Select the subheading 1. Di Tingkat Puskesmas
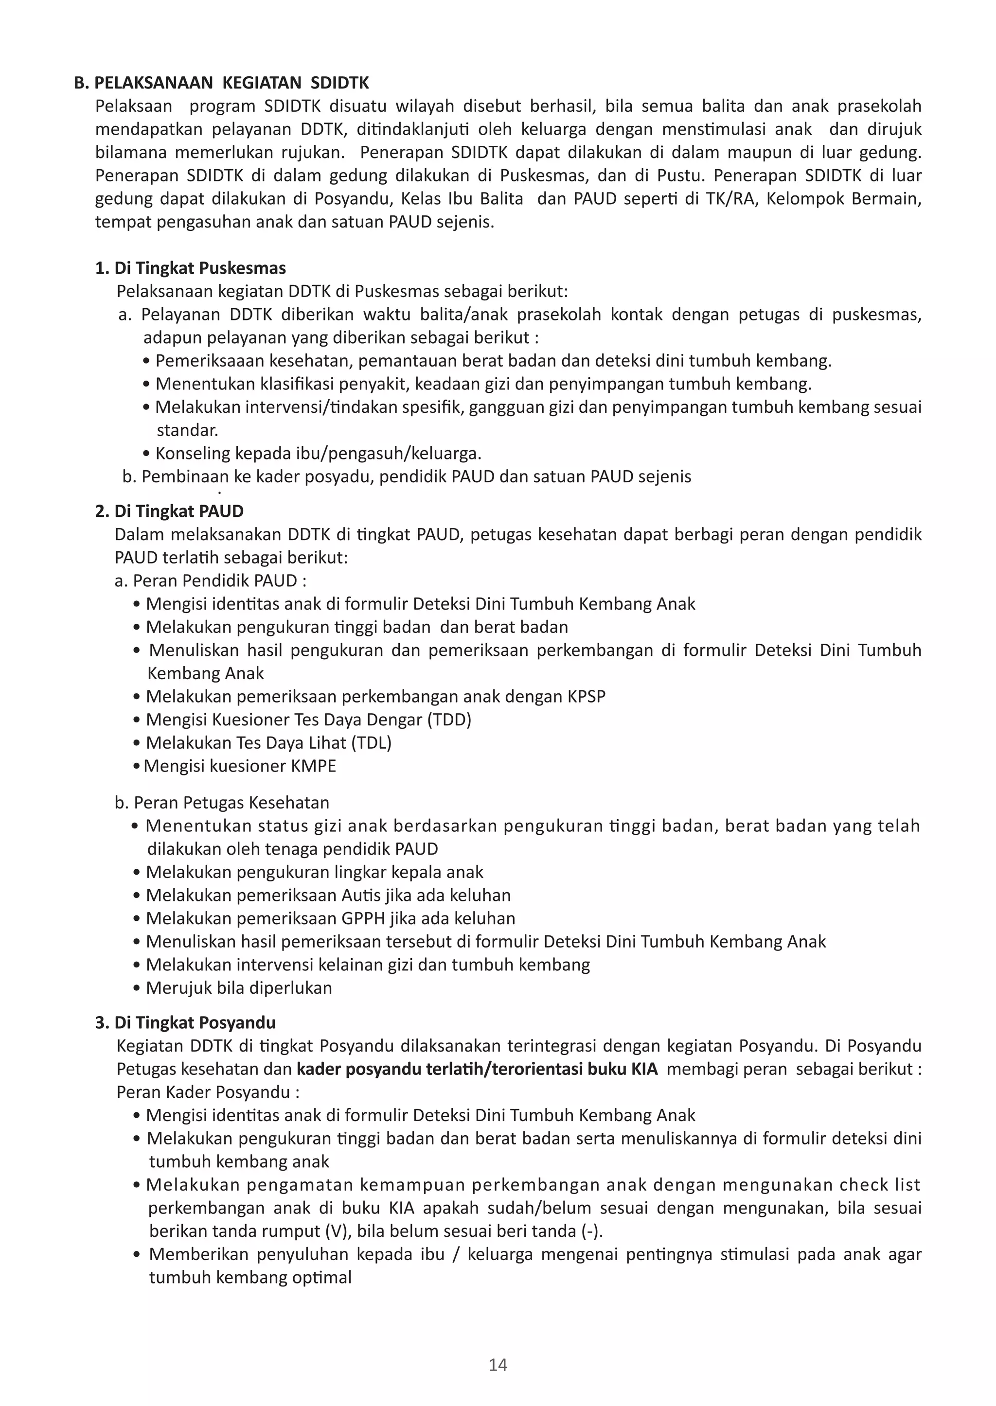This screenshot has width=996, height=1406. [x=191, y=268]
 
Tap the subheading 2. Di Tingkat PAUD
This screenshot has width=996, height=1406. [x=169, y=511]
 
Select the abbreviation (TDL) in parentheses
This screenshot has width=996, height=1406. [x=371, y=742]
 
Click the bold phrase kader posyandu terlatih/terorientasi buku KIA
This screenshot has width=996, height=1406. [x=477, y=1069]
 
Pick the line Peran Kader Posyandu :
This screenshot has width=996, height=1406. [x=208, y=1092]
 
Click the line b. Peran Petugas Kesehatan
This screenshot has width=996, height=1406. [x=221, y=803]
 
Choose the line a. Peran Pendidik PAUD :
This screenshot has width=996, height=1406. [x=211, y=580]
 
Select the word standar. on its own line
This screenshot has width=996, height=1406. [x=187, y=430]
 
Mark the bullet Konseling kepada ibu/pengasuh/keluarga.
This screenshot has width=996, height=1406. [x=318, y=454]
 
